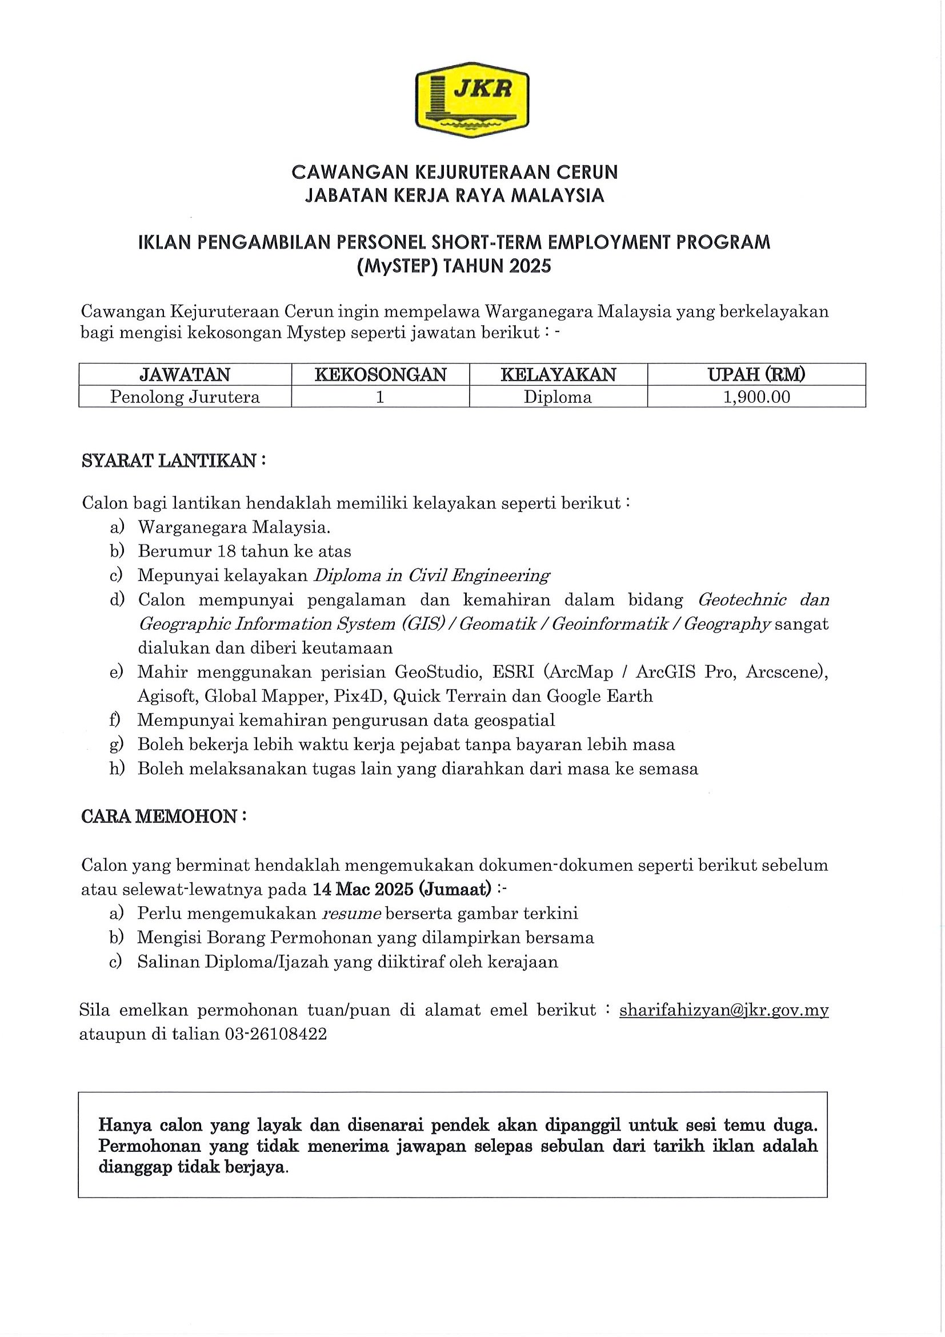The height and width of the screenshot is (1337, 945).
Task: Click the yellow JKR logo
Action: (x=471, y=100)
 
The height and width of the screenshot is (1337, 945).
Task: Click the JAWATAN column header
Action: (x=185, y=374)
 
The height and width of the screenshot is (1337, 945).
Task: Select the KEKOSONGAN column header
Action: (x=380, y=374)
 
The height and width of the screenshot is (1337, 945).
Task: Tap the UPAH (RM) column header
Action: (x=756, y=374)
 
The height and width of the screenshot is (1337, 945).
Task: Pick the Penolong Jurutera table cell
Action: (x=185, y=397)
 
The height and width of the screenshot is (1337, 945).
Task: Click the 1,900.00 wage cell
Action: (x=756, y=397)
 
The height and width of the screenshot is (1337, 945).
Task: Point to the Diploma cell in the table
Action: (x=557, y=397)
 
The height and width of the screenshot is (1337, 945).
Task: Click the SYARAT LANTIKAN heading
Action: (x=174, y=461)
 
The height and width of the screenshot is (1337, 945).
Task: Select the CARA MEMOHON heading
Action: (x=163, y=817)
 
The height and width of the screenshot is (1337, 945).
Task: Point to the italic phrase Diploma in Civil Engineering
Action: (x=431, y=575)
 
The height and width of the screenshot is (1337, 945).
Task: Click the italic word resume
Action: (x=352, y=913)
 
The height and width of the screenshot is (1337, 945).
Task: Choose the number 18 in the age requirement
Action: (x=226, y=551)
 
